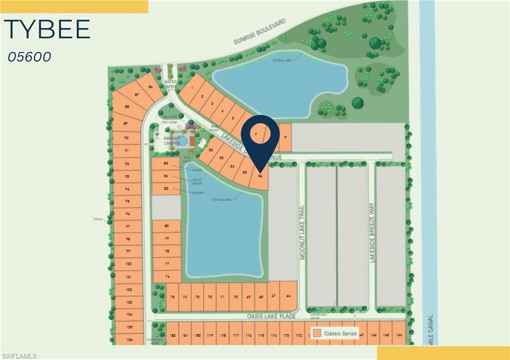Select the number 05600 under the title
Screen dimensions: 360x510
pyautogui.click(x=29, y=57)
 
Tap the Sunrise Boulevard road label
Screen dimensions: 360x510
pyautogui.click(x=260, y=31)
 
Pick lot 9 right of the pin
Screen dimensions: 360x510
pyautogui.click(x=285, y=134)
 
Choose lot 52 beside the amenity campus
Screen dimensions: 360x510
pyautogui.click(x=211, y=150)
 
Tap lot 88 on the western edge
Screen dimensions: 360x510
pyautogui.click(x=127, y=107)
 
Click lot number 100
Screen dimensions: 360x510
pyautogui.click(x=128, y=264)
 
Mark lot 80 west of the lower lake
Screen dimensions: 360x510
pyautogui.click(x=166, y=226)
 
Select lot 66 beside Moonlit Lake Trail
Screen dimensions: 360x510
pyautogui.click(x=288, y=296)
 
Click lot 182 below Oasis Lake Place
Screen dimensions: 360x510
pyautogui.click(x=172, y=336)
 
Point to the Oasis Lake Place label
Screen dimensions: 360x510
pyautogui.click(x=271, y=316)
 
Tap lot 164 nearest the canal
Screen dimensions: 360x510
pyautogui.click(x=399, y=336)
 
